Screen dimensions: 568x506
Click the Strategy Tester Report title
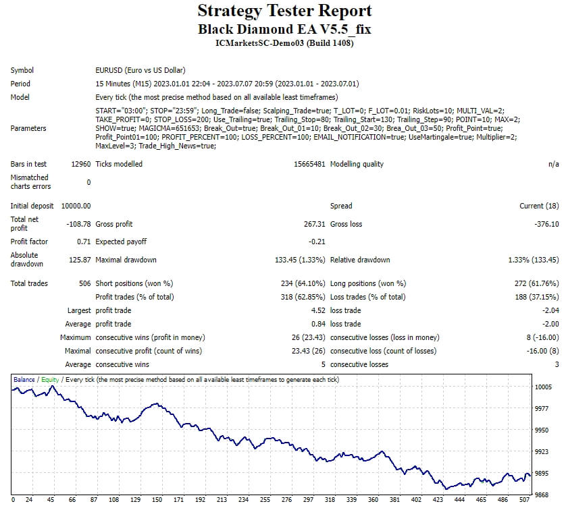(284, 11)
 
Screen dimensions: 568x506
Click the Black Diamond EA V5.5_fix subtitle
(284, 29)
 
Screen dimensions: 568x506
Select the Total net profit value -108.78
(78, 224)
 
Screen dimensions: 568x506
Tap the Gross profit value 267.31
(315, 224)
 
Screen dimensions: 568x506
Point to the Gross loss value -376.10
(546, 224)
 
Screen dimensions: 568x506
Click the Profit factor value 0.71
(84, 242)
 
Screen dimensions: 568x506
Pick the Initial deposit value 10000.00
(76, 206)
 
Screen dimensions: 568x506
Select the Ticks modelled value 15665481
(309, 164)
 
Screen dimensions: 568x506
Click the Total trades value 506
(85, 283)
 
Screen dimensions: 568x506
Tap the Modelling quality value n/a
(554, 164)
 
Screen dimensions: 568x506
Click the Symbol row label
(22, 70)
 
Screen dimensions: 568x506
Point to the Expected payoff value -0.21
(317, 242)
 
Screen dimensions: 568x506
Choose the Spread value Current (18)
(539, 206)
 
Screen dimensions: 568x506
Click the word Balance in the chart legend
(24, 380)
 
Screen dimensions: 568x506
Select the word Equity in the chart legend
(50, 380)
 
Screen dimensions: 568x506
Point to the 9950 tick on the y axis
(542, 430)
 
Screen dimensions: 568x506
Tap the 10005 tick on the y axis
(544, 387)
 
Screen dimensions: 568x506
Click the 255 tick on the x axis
(265, 499)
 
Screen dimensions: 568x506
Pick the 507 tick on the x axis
(525, 499)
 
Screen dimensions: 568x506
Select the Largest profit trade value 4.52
(318, 310)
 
